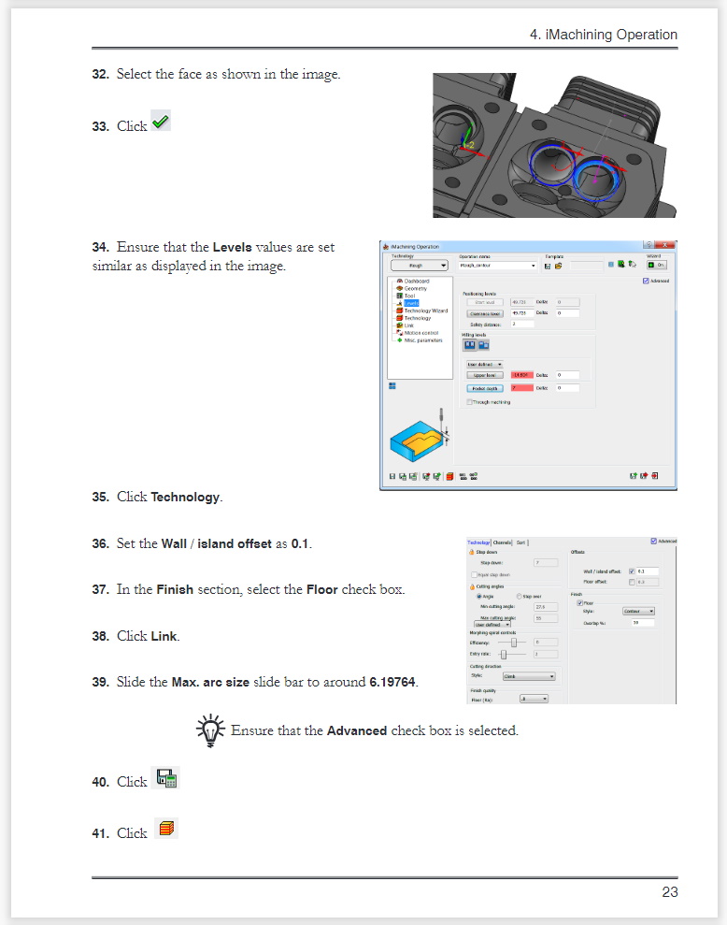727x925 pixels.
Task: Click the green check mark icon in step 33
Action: click(x=161, y=123)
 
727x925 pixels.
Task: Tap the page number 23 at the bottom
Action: click(x=669, y=892)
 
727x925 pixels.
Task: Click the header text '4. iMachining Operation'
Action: click(x=603, y=35)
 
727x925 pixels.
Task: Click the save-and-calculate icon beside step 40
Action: click(x=166, y=778)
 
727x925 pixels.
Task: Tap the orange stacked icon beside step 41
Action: click(x=166, y=829)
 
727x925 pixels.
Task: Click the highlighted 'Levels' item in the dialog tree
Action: click(x=410, y=303)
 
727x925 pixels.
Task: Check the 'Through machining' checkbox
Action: click(x=469, y=401)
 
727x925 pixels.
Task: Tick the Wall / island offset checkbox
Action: click(x=632, y=571)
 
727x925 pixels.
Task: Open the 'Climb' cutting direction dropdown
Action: click(x=529, y=676)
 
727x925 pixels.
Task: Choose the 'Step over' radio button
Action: click(x=520, y=596)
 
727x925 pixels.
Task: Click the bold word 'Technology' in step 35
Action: click(x=185, y=497)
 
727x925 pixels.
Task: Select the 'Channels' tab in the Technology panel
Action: click(x=502, y=542)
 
